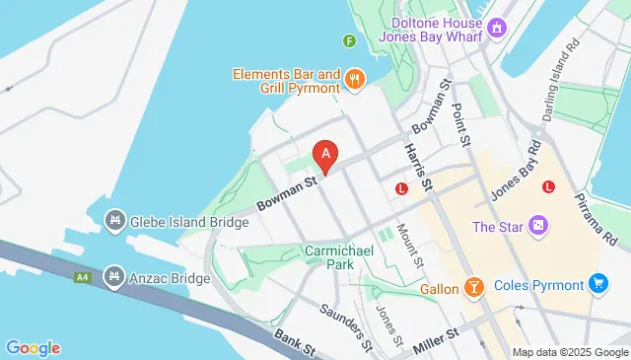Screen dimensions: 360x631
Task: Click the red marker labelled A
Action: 325,155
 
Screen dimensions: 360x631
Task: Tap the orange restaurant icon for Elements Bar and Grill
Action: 355,77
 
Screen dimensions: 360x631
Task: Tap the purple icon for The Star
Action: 538,228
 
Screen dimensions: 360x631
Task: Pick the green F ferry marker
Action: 349,40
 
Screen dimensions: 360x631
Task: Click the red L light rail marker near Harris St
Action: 401,188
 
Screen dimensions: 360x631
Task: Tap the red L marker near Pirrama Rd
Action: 548,186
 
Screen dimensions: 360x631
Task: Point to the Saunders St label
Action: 345,324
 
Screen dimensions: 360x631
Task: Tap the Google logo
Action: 33,347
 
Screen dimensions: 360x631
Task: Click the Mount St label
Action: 408,246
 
